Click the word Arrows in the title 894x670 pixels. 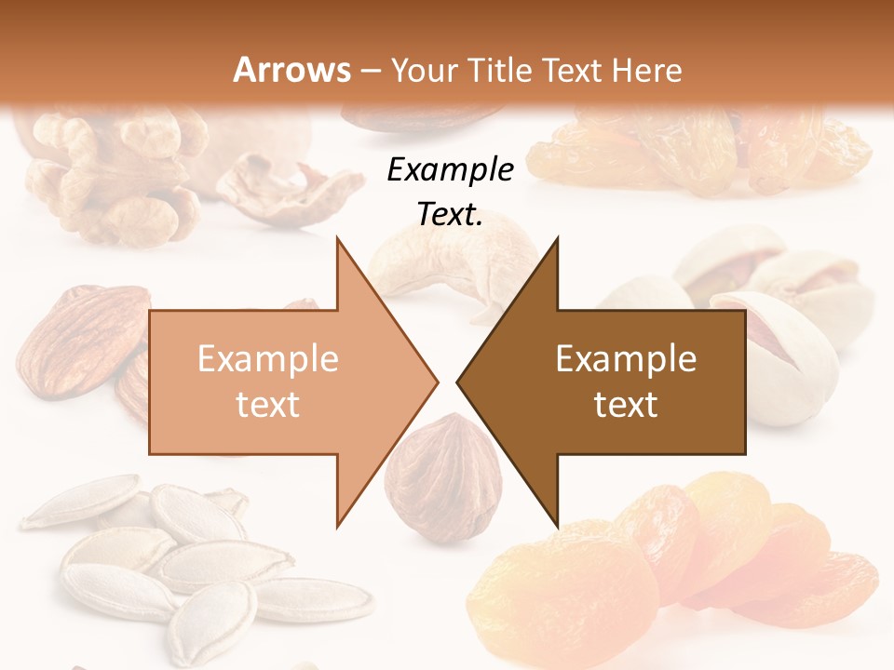tap(291, 70)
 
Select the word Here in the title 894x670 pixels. tap(649, 70)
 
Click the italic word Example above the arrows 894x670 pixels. tap(450, 170)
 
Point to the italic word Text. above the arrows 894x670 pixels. tap(450, 214)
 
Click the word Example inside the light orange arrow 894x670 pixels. tap(268, 359)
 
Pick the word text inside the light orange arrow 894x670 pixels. tap(268, 405)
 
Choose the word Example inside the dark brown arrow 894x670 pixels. tap(626, 359)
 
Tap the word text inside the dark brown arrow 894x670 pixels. tap(626, 405)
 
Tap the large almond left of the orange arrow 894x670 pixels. tap(79, 340)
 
